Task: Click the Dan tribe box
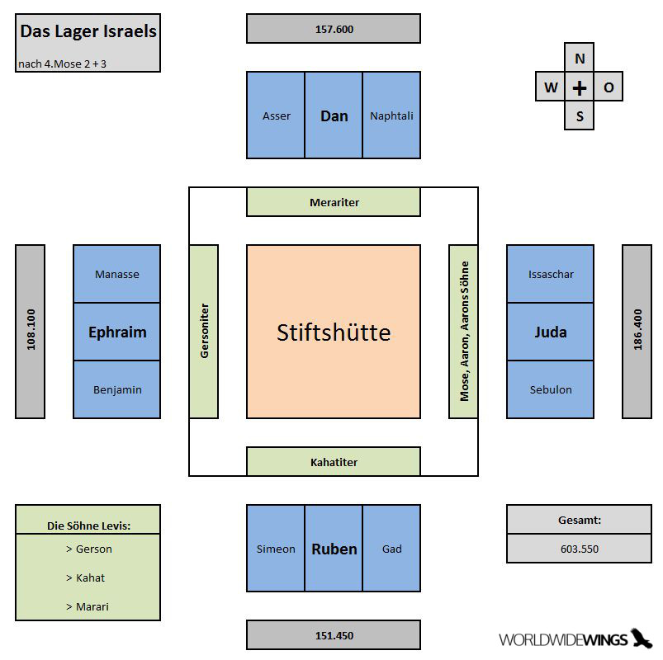pyautogui.click(x=334, y=115)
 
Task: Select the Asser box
pyautogui.click(x=276, y=115)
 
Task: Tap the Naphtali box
pyautogui.click(x=391, y=115)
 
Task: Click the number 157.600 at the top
pyautogui.click(x=334, y=29)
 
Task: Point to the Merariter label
pyautogui.click(x=334, y=202)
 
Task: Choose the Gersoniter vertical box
pyautogui.click(x=204, y=332)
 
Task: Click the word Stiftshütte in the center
pyautogui.click(x=334, y=332)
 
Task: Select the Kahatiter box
pyautogui.click(x=334, y=461)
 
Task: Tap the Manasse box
pyautogui.click(x=117, y=274)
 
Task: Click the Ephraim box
pyautogui.click(x=117, y=332)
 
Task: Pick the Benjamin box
pyautogui.click(x=117, y=389)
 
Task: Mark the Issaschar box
pyautogui.click(x=551, y=274)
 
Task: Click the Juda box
pyautogui.click(x=551, y=332)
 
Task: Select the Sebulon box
pyautogui.click(x=551, y=389)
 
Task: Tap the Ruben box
pyautogui.click(x=334, y=548)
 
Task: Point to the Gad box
pyautogui.click(x=391, y=548)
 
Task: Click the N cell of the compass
pyautogui.click(x=580, y=58)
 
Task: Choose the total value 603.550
pyautogui.click(x=580, y=549)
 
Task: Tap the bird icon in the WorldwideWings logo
pyautogui.click(x=641, y=638)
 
